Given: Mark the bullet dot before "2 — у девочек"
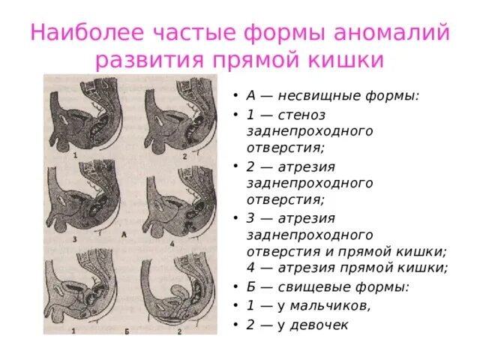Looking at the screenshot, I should [235, 325].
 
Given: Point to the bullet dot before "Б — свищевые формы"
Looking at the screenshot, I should [235, 286].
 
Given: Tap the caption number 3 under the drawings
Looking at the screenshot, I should [75, 239].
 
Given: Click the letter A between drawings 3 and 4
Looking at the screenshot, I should [123, 235].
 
